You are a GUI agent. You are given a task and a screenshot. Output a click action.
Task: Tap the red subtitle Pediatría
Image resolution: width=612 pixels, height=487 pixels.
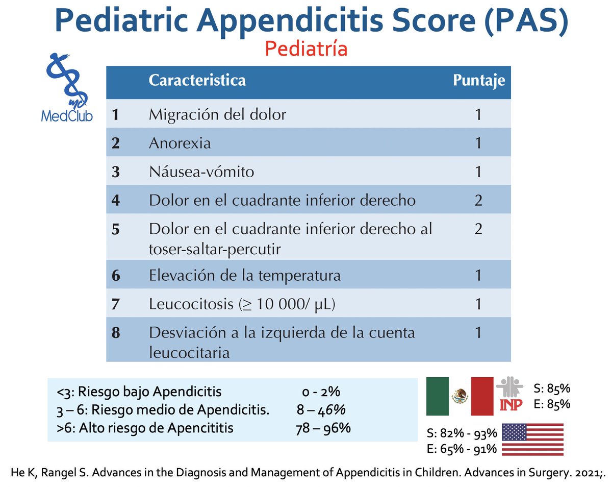pos(307,49)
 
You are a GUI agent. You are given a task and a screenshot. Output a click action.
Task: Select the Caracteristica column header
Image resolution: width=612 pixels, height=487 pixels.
pos(197,81)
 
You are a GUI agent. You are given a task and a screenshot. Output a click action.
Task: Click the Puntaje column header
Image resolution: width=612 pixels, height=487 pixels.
pos(479,81)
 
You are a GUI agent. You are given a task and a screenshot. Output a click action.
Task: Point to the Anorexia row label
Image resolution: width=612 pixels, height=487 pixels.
pos(180,143)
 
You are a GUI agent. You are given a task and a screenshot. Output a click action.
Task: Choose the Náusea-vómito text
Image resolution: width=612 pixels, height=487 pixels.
pos(201,172)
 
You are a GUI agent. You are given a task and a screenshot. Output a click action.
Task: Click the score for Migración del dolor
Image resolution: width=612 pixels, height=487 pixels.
pos(478,114)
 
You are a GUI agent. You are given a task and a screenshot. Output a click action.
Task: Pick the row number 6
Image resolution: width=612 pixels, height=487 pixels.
pos(116,276)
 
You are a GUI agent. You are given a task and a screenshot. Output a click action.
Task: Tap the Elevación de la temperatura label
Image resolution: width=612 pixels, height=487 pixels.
pos(245,276)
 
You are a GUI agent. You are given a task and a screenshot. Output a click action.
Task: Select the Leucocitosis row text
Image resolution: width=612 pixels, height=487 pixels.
pos(242,305)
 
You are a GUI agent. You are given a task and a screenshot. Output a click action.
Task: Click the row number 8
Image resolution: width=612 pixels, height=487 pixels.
pos(116,333)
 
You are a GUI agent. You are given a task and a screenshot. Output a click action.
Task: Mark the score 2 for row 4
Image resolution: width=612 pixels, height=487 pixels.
pos(478,200)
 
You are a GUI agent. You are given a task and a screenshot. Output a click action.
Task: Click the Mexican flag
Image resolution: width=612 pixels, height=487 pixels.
pos(460,397)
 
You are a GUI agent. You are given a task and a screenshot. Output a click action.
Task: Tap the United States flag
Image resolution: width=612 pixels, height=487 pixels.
pos(533,440)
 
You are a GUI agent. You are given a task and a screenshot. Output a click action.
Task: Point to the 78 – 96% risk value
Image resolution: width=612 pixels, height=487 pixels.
pos(323,427)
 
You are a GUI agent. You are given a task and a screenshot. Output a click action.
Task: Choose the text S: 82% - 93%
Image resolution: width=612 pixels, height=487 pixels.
pos(461,434)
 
